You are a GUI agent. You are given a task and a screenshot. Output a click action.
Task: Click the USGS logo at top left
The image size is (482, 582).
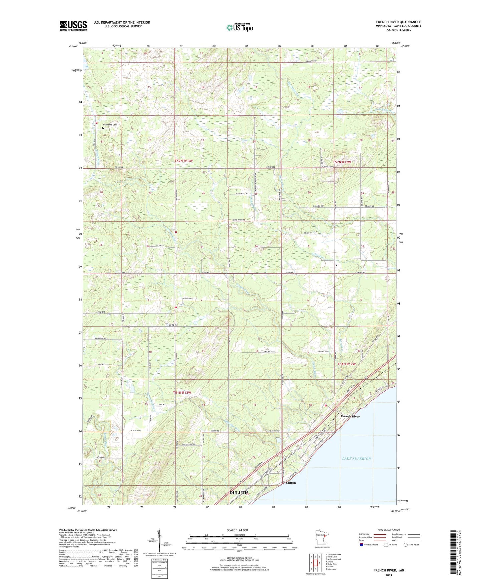[73, 26]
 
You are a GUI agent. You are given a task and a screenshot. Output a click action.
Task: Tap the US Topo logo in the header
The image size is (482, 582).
[239, 27]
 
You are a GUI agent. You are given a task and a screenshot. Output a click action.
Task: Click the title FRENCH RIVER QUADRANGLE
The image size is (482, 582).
[398, 22]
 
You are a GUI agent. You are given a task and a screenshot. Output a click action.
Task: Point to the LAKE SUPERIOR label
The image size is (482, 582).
[356, 459]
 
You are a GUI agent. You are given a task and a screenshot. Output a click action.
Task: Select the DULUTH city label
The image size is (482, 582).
[238, 493]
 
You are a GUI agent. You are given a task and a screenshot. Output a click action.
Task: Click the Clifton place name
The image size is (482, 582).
[291, 483]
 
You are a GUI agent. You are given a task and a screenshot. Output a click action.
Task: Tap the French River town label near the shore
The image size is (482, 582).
[350, 417]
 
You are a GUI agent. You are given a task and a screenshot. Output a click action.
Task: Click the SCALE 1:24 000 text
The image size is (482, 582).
[237, 530]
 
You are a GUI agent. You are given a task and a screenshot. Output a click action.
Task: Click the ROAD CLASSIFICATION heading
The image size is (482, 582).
[389, 530]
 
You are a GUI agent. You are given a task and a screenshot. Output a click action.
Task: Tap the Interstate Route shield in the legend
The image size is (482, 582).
[362, 545]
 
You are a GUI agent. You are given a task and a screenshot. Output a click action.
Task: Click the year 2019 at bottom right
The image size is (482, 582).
[389, 575]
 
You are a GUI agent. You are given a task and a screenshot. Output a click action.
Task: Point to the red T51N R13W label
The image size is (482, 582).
[182, 393]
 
